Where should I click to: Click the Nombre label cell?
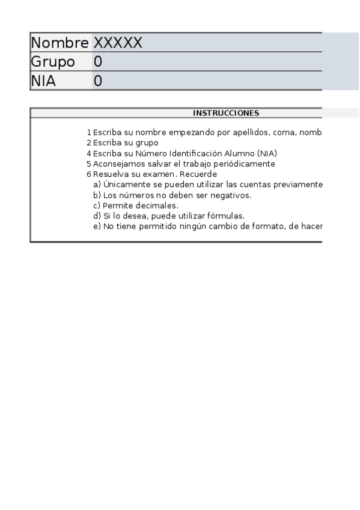59,43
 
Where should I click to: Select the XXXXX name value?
118,43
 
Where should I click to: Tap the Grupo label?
53,62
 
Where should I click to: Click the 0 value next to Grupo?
98,62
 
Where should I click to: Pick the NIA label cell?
43,81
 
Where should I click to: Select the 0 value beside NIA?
98,81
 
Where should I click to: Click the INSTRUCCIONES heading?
226,113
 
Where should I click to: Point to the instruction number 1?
88,132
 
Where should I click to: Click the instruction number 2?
88,143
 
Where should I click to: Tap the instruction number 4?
88,153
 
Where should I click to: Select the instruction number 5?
88,164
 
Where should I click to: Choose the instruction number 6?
88,174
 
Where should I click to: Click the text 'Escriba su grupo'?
126,143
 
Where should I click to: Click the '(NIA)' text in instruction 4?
267,153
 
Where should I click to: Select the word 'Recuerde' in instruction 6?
200,174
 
